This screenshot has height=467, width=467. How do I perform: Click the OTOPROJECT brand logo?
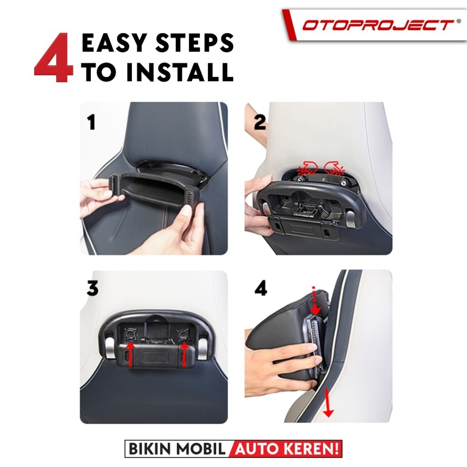(377, 25)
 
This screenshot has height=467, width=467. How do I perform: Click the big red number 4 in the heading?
(54, 58)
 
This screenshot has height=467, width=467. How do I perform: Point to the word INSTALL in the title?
(180, 72)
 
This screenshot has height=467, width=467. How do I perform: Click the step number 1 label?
(91, 122)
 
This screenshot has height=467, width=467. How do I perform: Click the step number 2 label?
(259, 122)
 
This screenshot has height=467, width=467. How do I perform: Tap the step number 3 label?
(92, 288)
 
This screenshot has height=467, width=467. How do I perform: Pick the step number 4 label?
(261, 288)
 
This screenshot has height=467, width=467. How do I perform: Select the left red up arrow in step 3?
(130, 354)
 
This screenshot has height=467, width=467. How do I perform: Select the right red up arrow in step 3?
(184, 354)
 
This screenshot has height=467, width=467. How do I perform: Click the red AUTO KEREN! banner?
(286, 449)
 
